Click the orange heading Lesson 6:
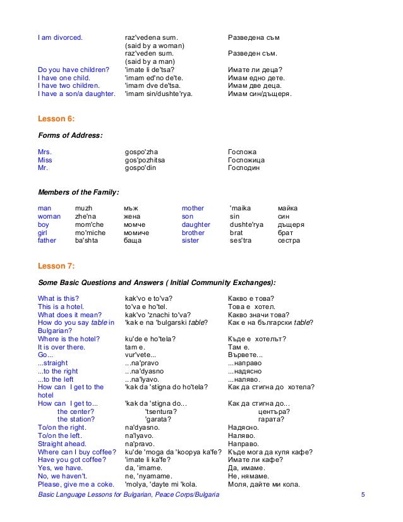(57, 118)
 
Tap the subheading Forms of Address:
(71, 135)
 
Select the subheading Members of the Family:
(79, 191)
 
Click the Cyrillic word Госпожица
(246, 161)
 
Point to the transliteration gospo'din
(144, 169)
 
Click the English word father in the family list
(47, 241)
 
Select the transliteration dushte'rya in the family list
(246, 224)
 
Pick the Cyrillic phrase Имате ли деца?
(255, 70)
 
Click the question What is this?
(59, 298)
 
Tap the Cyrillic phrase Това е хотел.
(253, 307)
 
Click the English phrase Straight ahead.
(61, 444)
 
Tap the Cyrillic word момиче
(136, 233)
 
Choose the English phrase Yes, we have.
(60, 468)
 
